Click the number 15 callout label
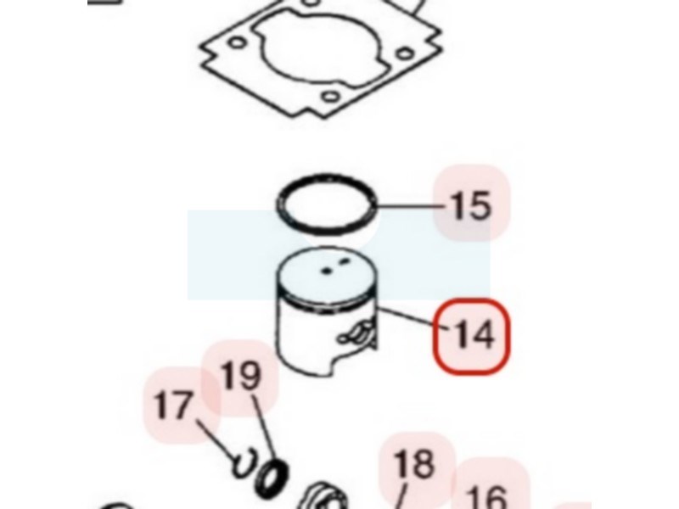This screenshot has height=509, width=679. (471, 205)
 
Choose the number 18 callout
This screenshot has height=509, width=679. (413, 463)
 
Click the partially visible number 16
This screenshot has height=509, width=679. (486, 497)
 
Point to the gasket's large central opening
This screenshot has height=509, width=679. (320, 51)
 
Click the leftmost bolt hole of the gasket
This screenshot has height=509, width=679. (237, 43)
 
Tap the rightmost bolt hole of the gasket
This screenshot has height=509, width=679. (405, 53)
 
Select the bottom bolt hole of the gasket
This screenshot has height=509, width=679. (330, 96)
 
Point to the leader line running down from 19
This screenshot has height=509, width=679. (265, 429)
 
